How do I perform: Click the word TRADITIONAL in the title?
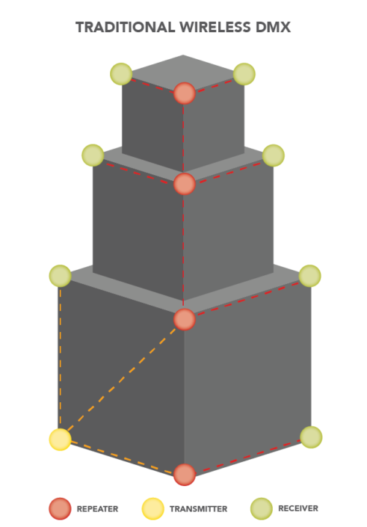(x=125, y=27)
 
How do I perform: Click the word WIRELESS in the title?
(x=215, y=27)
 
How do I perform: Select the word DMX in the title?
(x=274, y=27)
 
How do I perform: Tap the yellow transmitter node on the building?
(x=61, y=440)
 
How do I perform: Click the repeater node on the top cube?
(x=185, y=93)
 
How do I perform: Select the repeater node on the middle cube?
(x=185, y=184)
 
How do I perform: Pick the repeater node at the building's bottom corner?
(x=185, y=475)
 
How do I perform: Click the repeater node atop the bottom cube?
(x=185, y=319)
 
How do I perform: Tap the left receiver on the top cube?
(x=121, y=74)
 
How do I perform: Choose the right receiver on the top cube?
(x=244, y=74)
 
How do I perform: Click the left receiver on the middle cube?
(x=93, y=155)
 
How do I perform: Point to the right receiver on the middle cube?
(x=274, y=155)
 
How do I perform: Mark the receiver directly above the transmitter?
(x=61, y=276)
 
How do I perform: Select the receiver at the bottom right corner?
(x=311, y=437)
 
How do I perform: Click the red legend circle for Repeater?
(x=60, y=508)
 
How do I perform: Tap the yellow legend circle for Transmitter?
(x=153, y=508)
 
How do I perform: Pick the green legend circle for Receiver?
(x=262, y=508)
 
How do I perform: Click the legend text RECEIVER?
(x=298, y=508)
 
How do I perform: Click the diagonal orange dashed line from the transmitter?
(x=122, y=380)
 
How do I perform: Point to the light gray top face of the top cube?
(x=183, y=69)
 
